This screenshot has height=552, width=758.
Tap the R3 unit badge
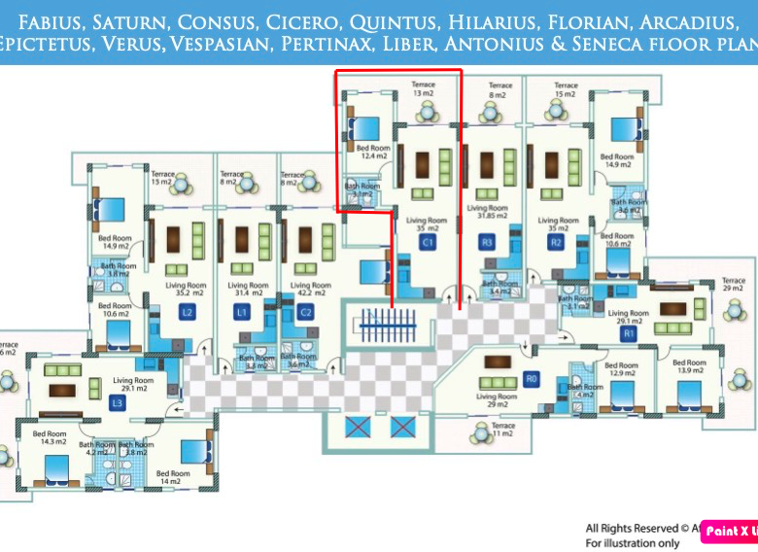pos(487,242)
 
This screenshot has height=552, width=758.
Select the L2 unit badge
pos(188,312)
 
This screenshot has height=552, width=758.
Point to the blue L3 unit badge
pos(118,401)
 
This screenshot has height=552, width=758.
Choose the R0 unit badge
pos(530,378)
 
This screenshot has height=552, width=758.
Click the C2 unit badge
pos(305,312)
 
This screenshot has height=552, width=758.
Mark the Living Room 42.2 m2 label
pos(305,288)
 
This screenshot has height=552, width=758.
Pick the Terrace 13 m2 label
pos(423,88)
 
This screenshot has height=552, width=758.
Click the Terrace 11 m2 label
pos(503,430)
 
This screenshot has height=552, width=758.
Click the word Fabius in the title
pos(48,20)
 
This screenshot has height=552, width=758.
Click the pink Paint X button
pos(729,531)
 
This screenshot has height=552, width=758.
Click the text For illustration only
pos(633,543)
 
